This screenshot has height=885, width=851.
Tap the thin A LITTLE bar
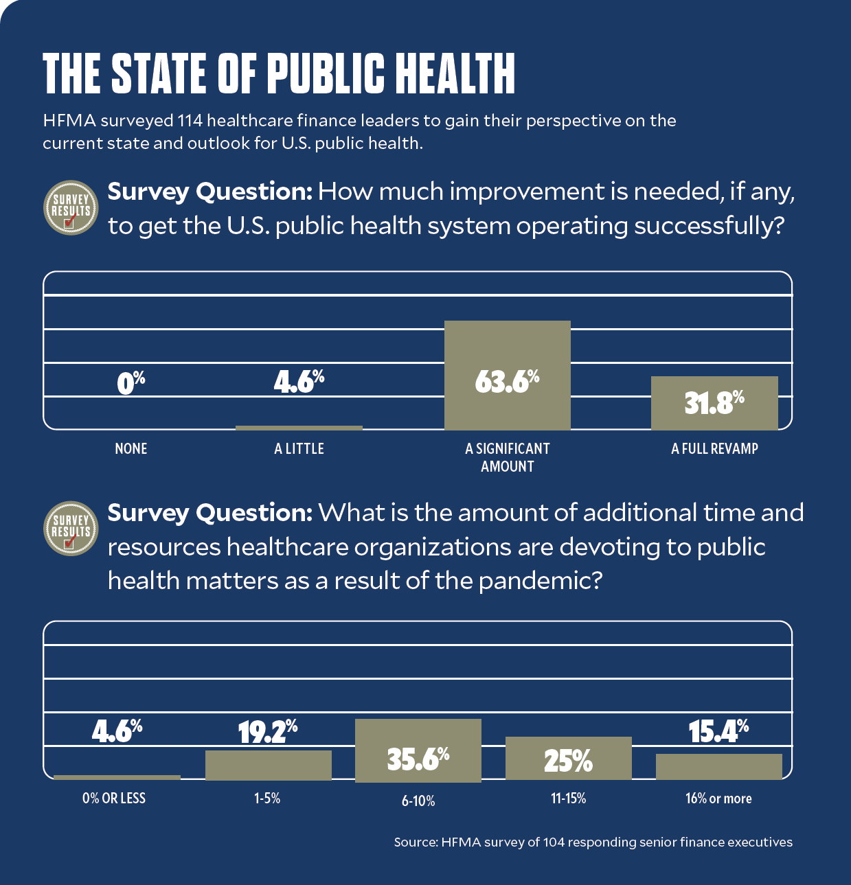point(299,428)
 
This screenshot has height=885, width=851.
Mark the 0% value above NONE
point(131,382)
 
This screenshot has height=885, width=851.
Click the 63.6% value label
point(507,381)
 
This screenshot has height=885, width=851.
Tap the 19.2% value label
point(268,732)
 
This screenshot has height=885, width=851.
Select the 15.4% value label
point(718,731)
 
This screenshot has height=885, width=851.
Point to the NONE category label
point(131,449)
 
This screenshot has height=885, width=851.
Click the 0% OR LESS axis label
point(114,798)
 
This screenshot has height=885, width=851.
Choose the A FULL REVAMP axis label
point(714,449)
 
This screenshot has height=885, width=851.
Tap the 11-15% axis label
point(568,798)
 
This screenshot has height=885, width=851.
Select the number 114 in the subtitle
point(190,121)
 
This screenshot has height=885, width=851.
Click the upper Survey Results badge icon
point(71,208)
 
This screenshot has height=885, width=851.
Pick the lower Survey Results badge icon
point(71,529)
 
